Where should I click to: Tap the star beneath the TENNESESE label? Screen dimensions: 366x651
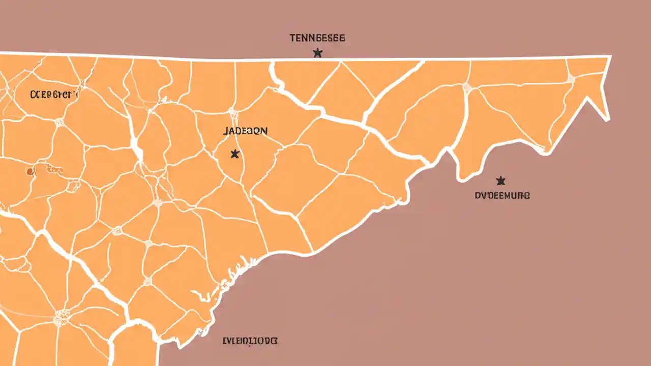(x=317, y=52)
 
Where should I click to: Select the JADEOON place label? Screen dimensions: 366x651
(x=245, y=131)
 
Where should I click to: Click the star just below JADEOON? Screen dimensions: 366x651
(x=234, y=153)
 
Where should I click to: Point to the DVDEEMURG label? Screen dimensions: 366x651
(x=502, y=195)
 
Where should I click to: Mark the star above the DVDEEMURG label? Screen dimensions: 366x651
(x=500, y=180)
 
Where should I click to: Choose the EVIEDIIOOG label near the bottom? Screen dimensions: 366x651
(x=250, y=341)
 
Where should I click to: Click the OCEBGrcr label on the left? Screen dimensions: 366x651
(x=53, y=94)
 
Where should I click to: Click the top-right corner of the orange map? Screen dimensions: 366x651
(x=610, y=57)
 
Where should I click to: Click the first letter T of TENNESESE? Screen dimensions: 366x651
(x=292, y=38)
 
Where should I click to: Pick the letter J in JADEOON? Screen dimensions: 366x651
(x=225, y=131)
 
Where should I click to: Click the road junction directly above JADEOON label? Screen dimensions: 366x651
(x=233, y=110)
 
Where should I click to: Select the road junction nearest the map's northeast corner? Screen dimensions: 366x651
(x=571, y=79)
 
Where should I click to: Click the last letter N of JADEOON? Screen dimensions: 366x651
(x=264, y=131)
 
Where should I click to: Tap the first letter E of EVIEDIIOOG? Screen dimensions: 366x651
(x=225, y=341)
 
